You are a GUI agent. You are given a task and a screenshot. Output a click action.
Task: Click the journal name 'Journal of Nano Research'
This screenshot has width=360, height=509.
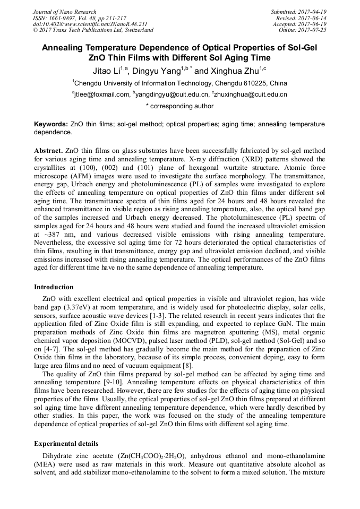[65, 12]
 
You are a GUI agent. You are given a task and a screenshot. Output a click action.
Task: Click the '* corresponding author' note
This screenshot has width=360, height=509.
[179, 106]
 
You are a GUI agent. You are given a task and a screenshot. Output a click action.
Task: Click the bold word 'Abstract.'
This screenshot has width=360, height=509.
[49, 151]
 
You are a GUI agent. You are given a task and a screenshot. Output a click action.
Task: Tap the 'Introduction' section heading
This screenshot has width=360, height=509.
[54, 287]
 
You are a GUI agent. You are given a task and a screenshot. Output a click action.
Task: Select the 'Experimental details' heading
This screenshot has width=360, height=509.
[66, 443]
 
